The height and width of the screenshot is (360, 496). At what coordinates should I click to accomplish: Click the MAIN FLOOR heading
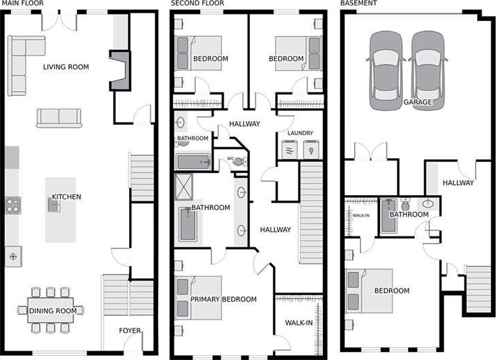click(x=22, y=3)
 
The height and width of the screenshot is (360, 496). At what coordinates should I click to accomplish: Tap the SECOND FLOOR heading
click(x=197, y=3)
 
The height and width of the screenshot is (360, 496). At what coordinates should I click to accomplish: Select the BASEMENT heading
click(x=358, y=3)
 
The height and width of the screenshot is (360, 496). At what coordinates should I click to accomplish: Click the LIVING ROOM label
click(x=66, y=67)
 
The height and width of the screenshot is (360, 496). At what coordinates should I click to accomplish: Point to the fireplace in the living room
click(x=120, y=70)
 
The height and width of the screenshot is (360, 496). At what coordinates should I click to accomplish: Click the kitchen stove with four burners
click(x=13, y=205)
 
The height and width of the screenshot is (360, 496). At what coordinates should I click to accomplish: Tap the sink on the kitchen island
click(x=53, y=205)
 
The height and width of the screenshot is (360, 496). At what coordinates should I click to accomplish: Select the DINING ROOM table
click(x=51, y=310)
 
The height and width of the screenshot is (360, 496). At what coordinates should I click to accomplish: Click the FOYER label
click(x=130, y=330)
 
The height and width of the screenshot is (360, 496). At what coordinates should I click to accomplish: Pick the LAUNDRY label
click(x=300, y=133)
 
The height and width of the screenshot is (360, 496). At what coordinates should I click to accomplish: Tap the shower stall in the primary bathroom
click(x=184, y=186)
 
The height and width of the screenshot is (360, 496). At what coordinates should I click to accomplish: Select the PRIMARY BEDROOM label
click(x=223, y=299)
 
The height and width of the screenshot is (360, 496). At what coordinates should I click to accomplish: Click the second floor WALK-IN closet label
click(x=299, y=323)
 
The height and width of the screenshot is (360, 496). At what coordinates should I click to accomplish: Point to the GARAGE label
click(x=418, y=102)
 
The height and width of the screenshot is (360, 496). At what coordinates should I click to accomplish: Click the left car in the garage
click(x=386, y=70)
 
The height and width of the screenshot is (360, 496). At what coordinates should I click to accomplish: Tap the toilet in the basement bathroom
click(x=405, y=204)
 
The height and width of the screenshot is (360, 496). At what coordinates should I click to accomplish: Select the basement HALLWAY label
click(x=458, y=182)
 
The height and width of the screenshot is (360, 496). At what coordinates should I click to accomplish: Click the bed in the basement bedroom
click(x=369, y=291)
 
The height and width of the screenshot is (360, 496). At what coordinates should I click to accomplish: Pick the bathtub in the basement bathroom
click(x=388, y=216)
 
